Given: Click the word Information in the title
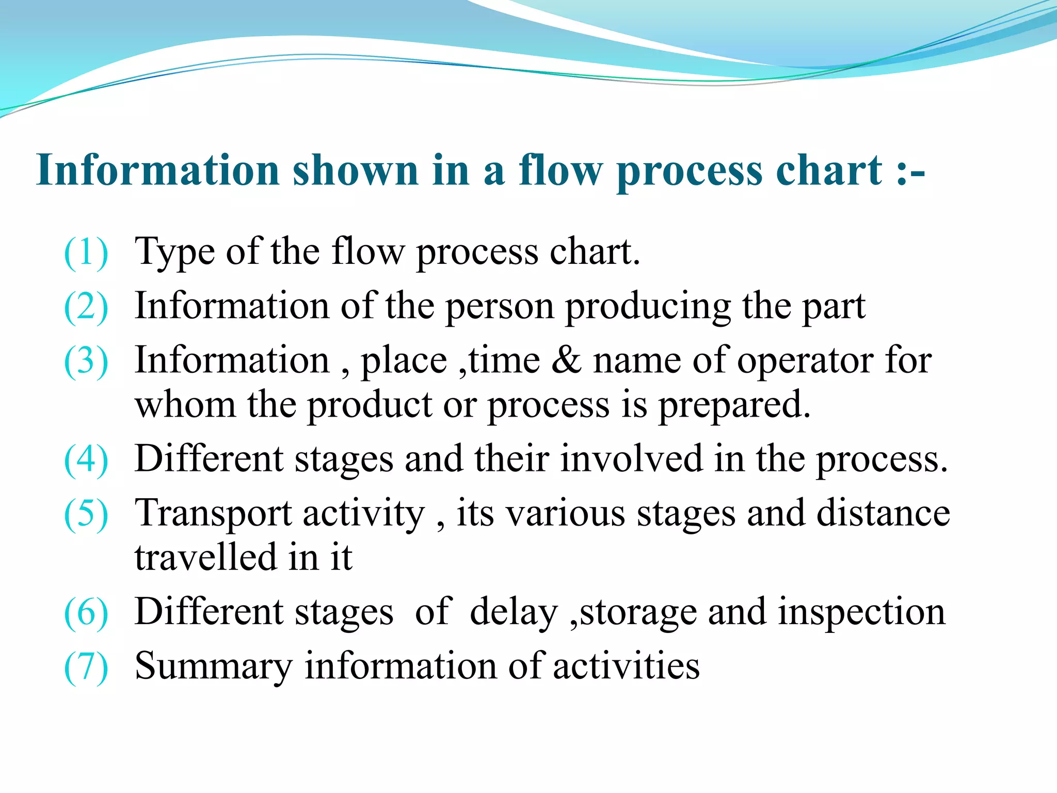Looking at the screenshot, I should pyautogui.click(x=158, y=170).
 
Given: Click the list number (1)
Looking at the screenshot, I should pyautogui.click(x=86, y=252).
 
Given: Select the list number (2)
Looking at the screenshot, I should pyautogui.click(x=86, y=307).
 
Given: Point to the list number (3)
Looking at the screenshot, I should pyautogui.click(x=86, y=361).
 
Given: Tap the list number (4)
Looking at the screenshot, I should pyautogui.click(x=86, y=459).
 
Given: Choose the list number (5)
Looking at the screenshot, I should pyautogui.click(x=86, y=514).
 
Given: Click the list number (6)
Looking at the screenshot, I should pyautogui.click(x=86, y=613).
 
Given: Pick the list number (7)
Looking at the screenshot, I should pyautogui.click(x=86, y=667).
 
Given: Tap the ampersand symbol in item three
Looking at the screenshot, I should pyautogui.click(x=566, y=360).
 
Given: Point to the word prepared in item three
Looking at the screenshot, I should pyautogui.click(x=734, y=406).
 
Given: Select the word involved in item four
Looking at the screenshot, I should pyautogui.click(x=632, y=459).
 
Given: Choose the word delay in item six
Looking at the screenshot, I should pyautogui.click(x=514, y=612).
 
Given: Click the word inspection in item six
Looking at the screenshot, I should pyautogui.click(x=861, y=613).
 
